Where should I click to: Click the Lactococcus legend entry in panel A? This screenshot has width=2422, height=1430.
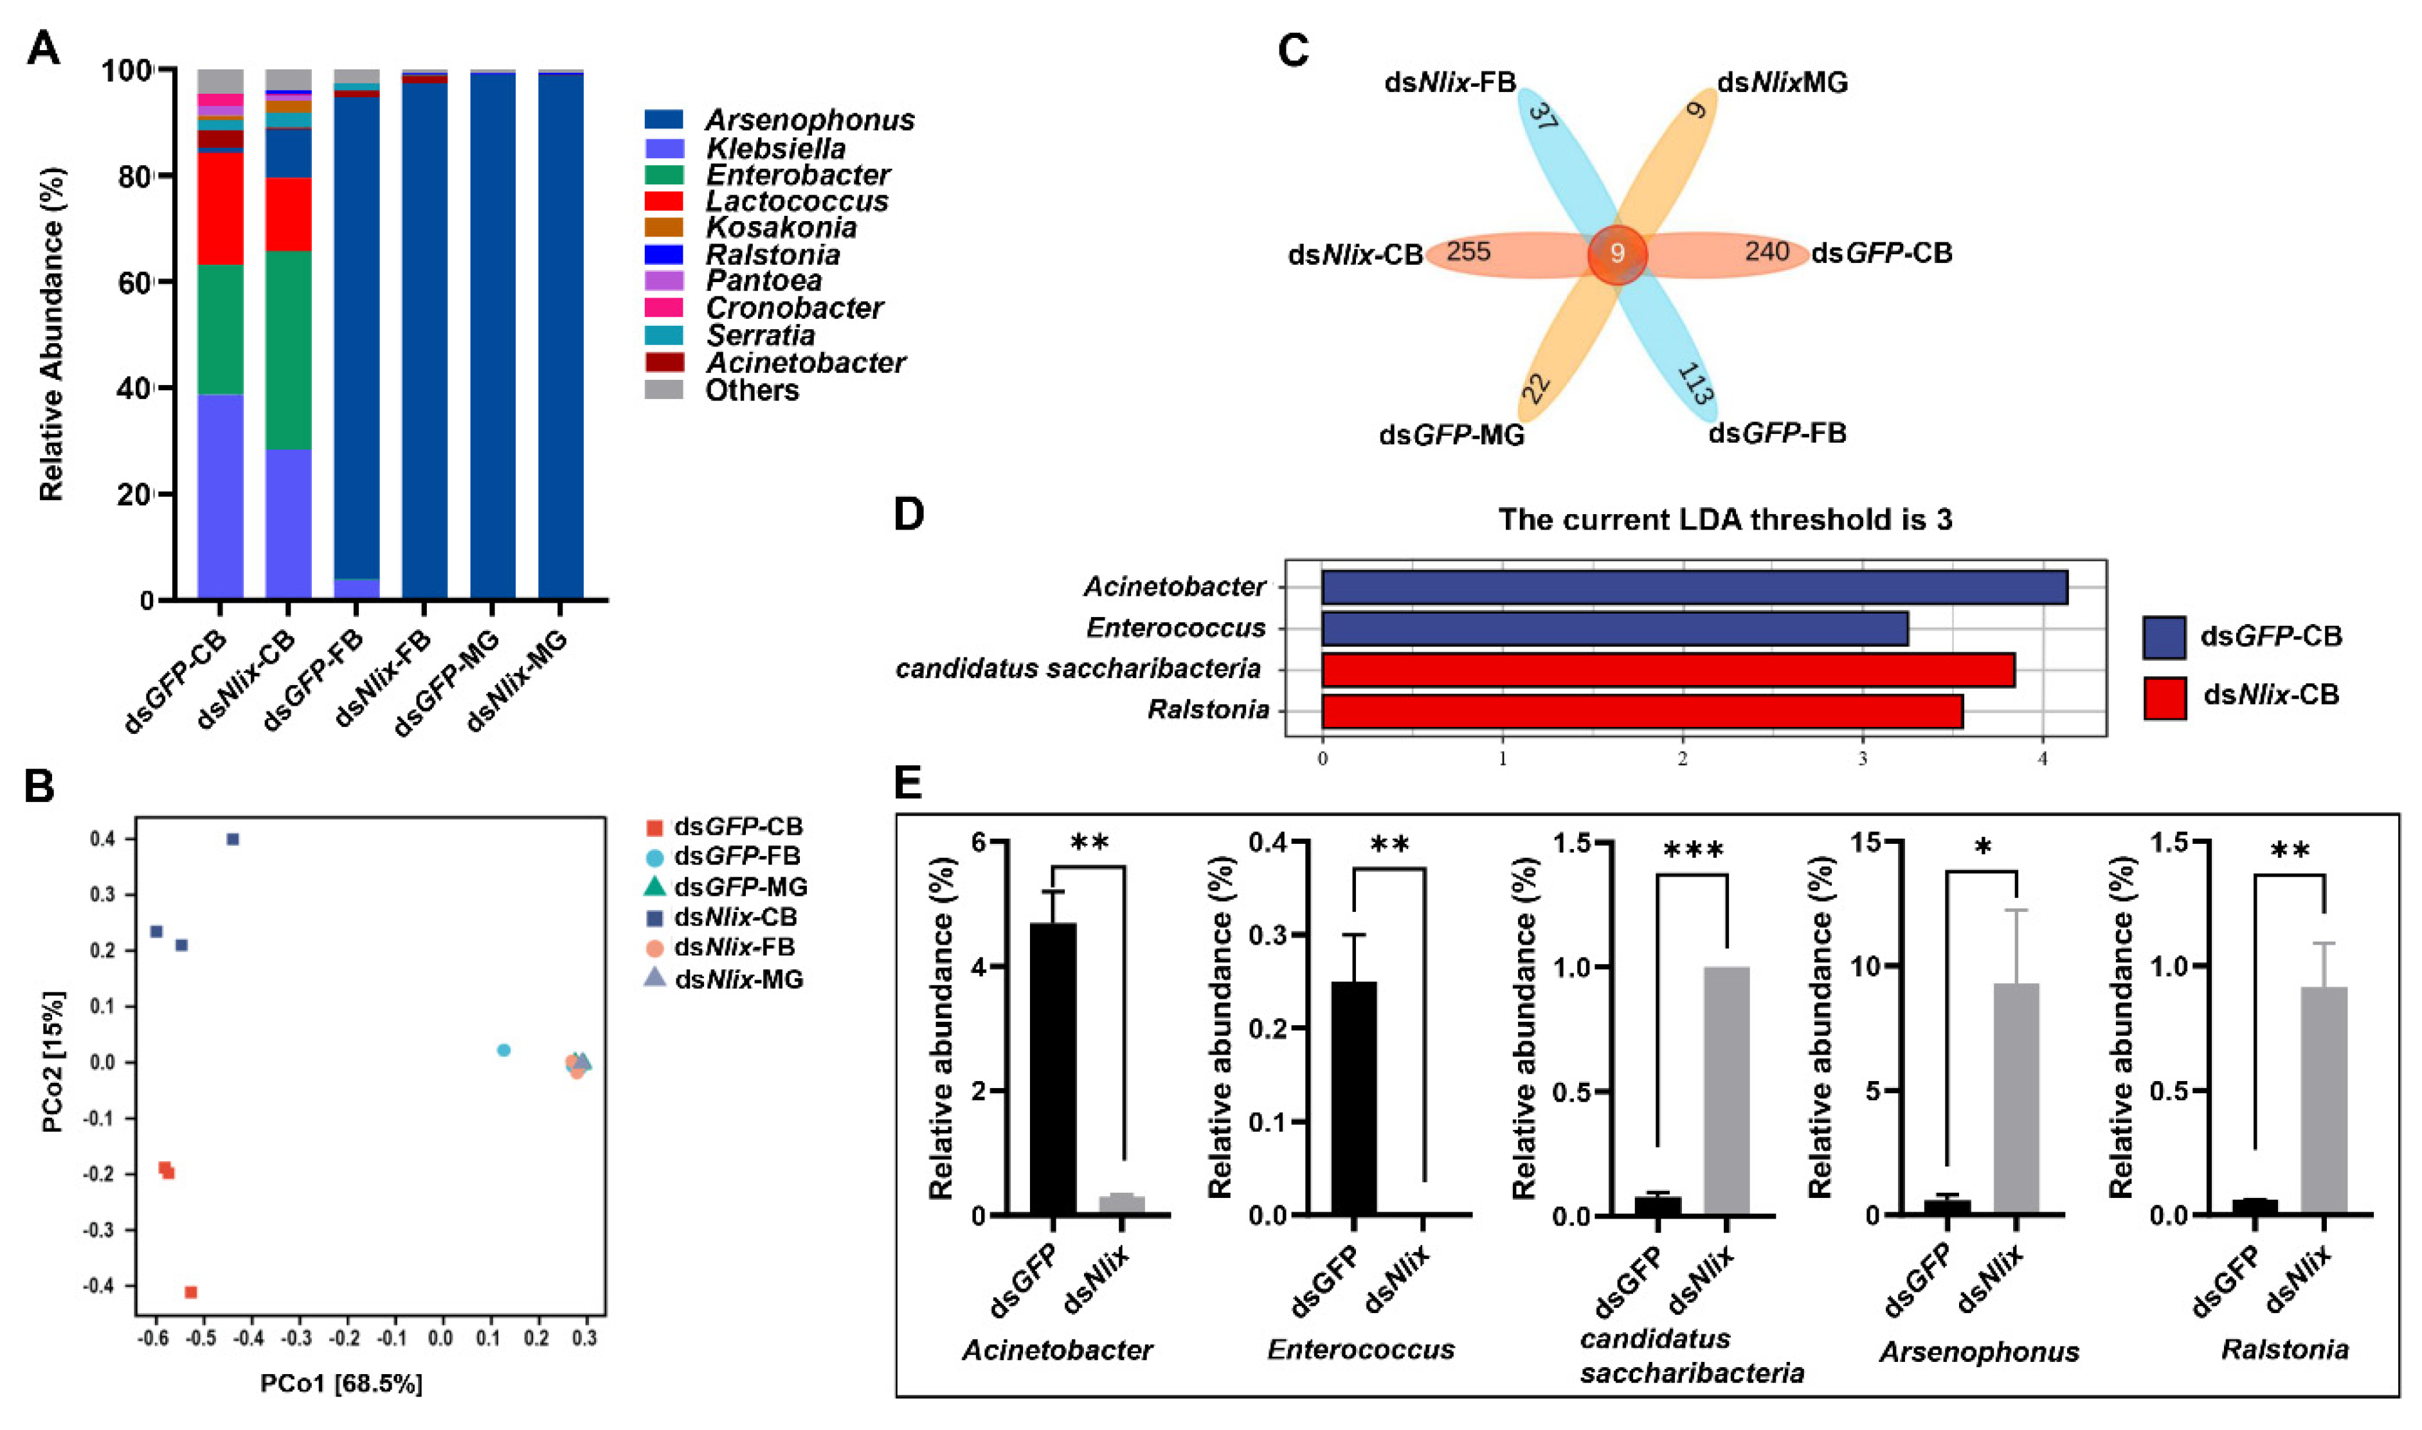pos(796,201)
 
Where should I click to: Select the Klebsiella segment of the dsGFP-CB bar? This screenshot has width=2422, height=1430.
pos(220,496)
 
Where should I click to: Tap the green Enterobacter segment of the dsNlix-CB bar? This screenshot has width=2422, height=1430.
pos(288,350)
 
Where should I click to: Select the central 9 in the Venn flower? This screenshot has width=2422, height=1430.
pos(1617,253)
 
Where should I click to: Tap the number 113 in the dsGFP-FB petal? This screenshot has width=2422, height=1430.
pos(1694,384)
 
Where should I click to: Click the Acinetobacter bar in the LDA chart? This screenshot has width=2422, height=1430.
pos(1694,587)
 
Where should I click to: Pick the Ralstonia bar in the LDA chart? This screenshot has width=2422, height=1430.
pos(1641,710)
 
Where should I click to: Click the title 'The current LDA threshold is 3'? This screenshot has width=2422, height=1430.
pos(1724,521)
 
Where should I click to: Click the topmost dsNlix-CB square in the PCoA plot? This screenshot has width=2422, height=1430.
pos(232,839)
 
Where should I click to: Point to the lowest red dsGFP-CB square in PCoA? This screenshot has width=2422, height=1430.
pos(191,1292)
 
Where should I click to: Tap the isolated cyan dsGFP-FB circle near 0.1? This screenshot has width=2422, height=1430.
pos(503,1050)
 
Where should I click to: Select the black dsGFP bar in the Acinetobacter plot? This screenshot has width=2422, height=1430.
pos(1053,1069)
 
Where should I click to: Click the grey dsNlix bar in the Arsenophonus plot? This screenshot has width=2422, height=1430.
pos(2016,1098)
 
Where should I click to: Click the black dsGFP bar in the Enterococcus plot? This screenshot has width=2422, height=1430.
pos(1353,1098)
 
